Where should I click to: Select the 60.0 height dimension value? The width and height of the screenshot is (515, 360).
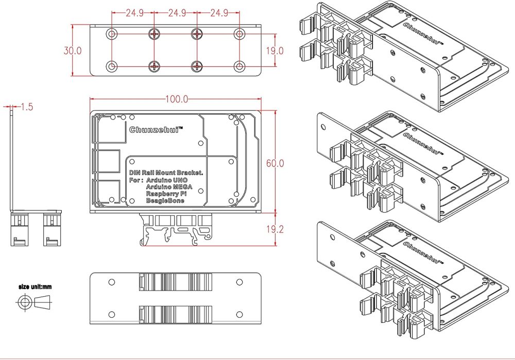pos(275,163)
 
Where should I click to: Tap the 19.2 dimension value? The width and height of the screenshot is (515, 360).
pos(275,230)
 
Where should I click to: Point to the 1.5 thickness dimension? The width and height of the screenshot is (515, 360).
pos(27,107)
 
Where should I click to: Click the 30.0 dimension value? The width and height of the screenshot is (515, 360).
pos(73,50)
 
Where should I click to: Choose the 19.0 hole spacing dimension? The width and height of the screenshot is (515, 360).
pos(275,50)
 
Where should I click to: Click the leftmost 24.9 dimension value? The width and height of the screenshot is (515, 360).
pos(134,13)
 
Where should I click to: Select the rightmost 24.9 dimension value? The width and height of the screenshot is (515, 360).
pos(218,13)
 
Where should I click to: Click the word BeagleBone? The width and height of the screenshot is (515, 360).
pos(165,201)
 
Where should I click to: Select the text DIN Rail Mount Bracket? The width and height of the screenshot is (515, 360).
pos(166,174)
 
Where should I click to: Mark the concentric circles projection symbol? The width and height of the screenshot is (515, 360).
pos(24,302)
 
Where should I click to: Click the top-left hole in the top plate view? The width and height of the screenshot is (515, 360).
pos(112,34)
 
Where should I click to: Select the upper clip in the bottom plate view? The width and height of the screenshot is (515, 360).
pos(176,282)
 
